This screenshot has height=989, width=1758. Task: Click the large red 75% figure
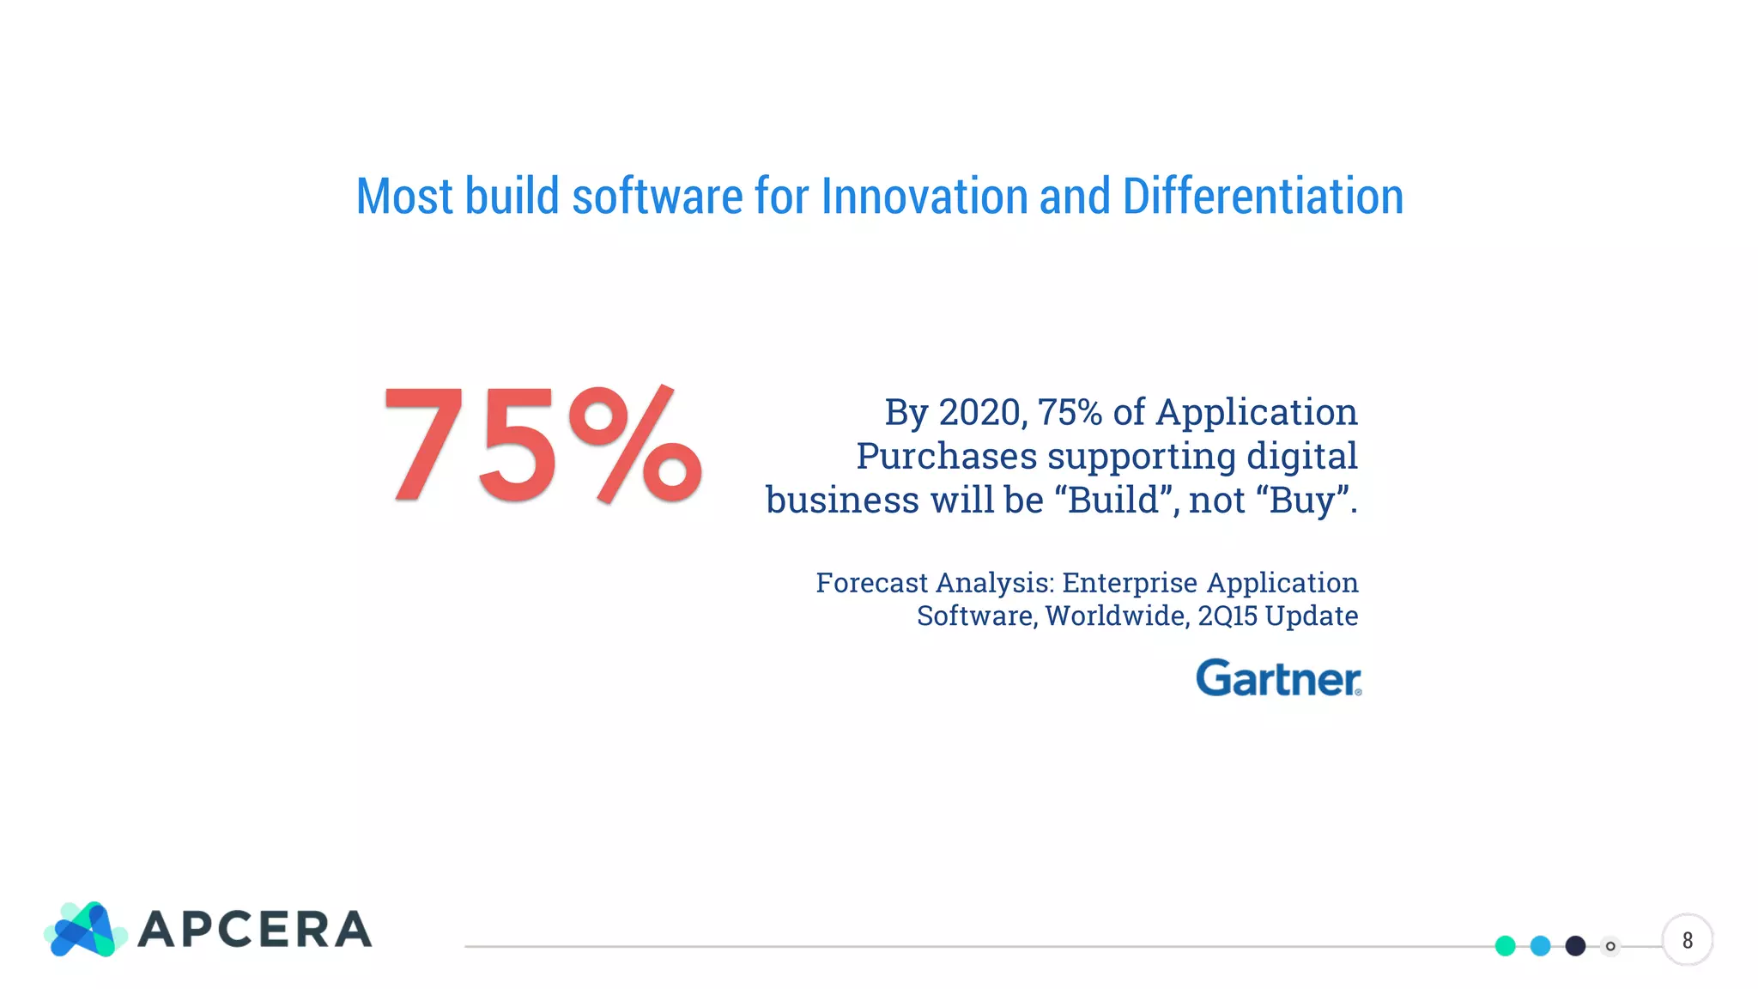(x=543, y=444)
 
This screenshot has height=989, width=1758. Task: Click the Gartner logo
(x=1277, y=678)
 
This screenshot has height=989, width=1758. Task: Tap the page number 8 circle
(x=1687, y=940)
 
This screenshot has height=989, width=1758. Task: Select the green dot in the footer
(x=1505, y=945)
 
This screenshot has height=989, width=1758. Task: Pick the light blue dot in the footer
(x=1540, y=945)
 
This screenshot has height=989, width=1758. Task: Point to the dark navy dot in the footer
(x=1575, y=945)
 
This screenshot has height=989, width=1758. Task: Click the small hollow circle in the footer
(x=1610, y=946)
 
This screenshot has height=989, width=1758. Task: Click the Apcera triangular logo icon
(x=84, y=930)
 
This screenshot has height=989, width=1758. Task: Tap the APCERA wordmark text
(x=255, y=930)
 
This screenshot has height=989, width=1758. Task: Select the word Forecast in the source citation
(x=871, y=583)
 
